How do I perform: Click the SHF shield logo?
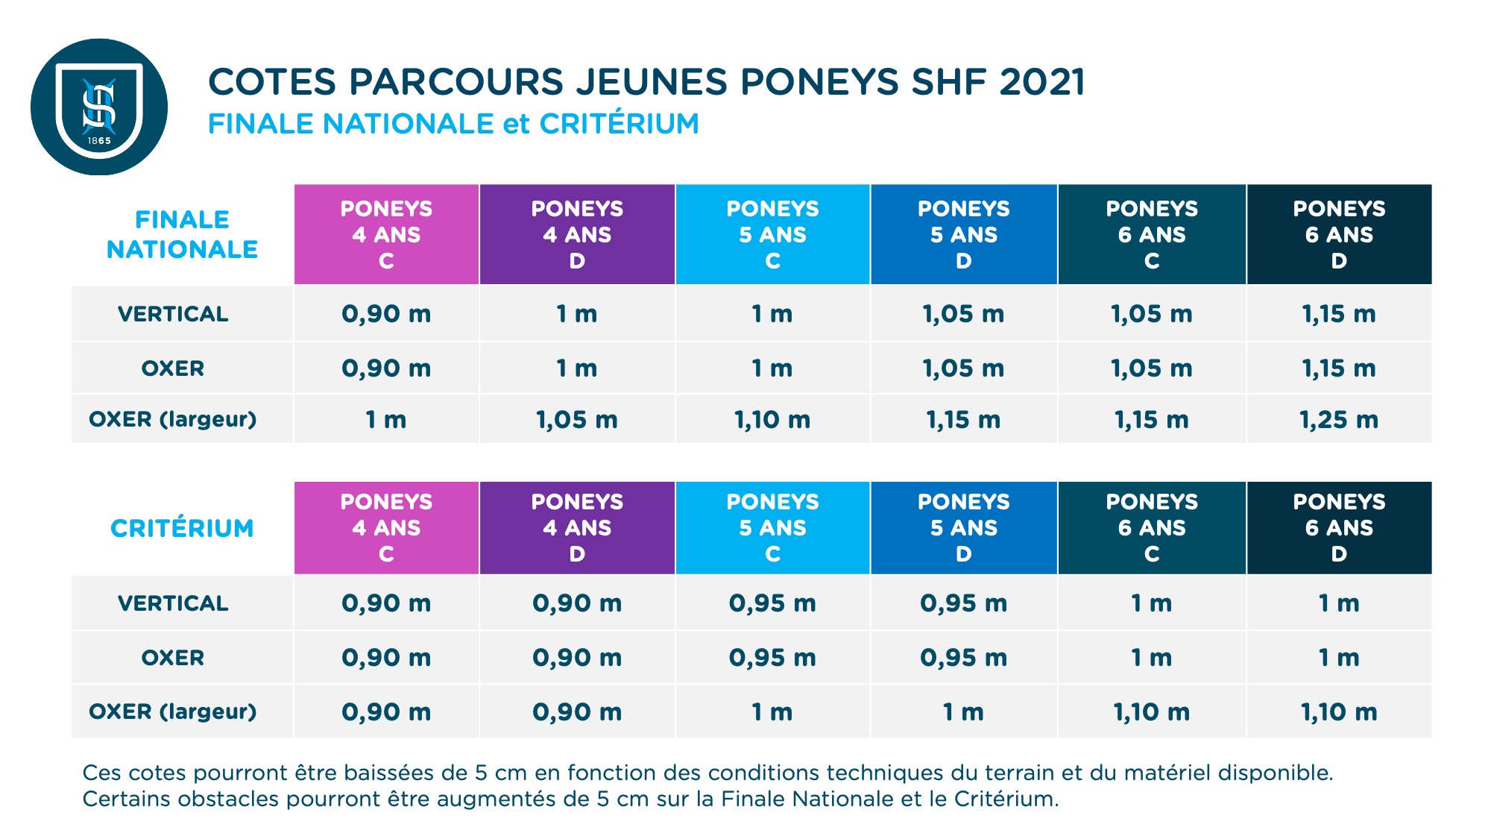point(99,107)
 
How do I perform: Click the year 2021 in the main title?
point(1041,82)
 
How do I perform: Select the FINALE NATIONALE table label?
point(182,234)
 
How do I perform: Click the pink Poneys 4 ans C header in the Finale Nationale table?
point(386,234)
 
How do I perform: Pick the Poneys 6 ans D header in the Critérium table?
point(1339,527)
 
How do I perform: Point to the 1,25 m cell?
point(1339,420)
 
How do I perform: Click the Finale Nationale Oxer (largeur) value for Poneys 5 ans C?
point(772,420)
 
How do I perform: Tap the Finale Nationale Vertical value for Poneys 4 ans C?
point(386,314)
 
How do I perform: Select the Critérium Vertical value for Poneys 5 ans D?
point(963,603)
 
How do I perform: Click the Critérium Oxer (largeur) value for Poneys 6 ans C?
point(1151,712)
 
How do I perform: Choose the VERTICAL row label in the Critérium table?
point(173,603)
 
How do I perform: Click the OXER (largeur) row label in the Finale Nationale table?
point(173,419)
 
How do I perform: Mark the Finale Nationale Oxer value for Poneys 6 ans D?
point(1339,368)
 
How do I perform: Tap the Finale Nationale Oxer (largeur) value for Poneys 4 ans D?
point(577,420)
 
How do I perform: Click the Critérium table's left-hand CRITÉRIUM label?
point(182,528)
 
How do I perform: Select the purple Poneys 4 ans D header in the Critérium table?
point(577,527)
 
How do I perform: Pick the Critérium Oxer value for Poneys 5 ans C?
point(772,658)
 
